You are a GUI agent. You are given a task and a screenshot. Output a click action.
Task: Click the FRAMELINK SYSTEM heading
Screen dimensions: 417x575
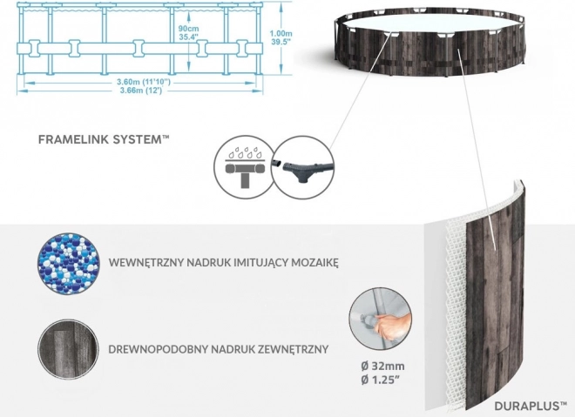pyautogui.click(x=103, y=138)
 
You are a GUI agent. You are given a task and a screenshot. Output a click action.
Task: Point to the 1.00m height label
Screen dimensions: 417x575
pyautogui.click(x=280, y=31)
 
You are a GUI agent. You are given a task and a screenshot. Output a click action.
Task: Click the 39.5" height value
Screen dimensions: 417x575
pyautogui.click(x=280, y=42)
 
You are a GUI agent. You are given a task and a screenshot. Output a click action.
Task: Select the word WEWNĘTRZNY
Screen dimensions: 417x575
pyautogui.click(x=145, y=261)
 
